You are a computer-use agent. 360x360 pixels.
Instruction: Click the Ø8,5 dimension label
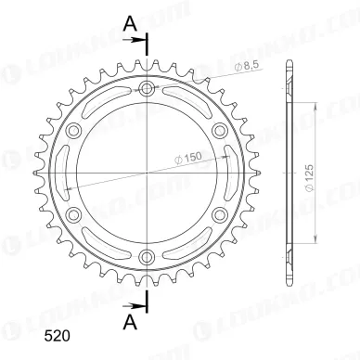(246, 66)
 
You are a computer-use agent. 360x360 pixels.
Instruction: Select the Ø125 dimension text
(310, 178)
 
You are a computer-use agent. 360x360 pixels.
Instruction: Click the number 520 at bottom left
(57, 336)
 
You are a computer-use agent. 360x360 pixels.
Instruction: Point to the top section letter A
(130, 24)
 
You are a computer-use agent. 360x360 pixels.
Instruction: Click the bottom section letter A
(130, 323)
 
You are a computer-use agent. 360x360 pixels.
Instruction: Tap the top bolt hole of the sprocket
(147, 89)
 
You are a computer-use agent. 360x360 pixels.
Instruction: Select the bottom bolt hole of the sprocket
(147, 256)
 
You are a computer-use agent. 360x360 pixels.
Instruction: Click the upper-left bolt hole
(74, 131)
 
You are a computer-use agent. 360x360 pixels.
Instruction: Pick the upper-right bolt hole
(220, 131)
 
